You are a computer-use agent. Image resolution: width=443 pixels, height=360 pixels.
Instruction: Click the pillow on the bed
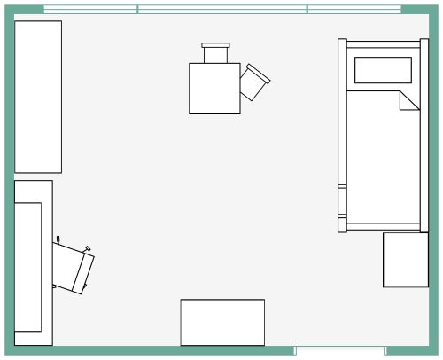pos(383,69)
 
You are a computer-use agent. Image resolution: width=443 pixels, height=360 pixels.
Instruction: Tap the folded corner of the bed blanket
pos(409,100)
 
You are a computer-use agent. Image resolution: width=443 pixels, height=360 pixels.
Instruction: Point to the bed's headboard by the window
pos(381,41)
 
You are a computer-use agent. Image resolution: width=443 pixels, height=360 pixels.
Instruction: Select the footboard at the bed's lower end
pos(381,225)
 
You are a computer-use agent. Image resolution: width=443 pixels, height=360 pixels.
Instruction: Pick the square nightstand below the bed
pos(405,259)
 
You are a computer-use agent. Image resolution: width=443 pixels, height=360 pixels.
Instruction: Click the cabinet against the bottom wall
pos(222,322)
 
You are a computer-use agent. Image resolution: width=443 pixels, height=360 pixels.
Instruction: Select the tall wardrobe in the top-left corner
pos(38,96)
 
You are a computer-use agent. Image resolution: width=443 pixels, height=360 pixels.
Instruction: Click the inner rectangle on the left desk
pos(28,266)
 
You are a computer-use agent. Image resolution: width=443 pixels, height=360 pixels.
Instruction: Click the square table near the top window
pos(214,88)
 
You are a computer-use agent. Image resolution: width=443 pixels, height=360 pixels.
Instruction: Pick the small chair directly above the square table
pos(216,52)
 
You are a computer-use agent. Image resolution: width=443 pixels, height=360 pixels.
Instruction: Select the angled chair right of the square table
pos(255,82)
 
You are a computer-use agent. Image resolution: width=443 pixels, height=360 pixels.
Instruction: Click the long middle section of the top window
pos(222,10)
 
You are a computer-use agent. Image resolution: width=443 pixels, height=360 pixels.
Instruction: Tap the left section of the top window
pos(90,10)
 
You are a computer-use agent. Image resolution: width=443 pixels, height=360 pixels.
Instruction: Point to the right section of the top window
pos(354,10)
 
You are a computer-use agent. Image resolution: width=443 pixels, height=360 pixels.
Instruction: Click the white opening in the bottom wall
pos(338,352)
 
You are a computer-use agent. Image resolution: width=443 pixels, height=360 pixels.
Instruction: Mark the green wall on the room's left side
pos(6,177)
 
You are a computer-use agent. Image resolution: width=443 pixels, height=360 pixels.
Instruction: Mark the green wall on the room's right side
pos(435,177)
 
